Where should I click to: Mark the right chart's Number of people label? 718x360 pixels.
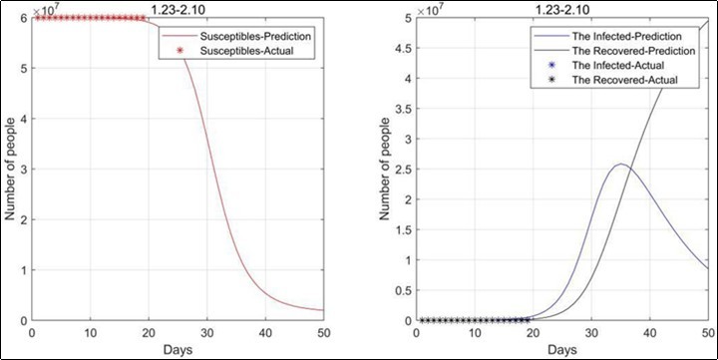click(382, 170)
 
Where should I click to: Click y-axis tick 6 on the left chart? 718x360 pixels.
click(24, 18)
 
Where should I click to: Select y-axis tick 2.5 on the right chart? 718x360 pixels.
click(399, 170)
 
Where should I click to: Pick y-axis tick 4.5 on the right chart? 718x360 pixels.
click(399, 49)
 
